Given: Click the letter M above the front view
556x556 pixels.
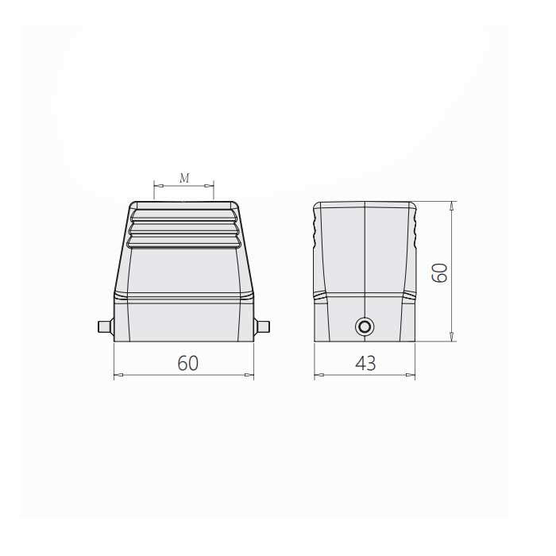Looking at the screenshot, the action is pos(184,178).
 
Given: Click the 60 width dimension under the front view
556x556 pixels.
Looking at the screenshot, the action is pos(188,363).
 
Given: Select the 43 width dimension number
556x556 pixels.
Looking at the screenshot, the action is pos(365,364).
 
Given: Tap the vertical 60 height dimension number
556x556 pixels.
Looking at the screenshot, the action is pos(440,272).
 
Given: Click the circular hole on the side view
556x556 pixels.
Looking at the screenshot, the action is pos(364,326).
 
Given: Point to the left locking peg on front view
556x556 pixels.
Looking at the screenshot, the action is pos(106,326).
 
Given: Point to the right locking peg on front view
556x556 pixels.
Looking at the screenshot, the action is pos(261,326).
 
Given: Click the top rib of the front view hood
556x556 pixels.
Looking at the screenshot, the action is pos(184,215).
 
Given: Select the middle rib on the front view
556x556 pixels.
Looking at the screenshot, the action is pos(184,228).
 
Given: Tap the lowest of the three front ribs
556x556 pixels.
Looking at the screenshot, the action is pos(184,241).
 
